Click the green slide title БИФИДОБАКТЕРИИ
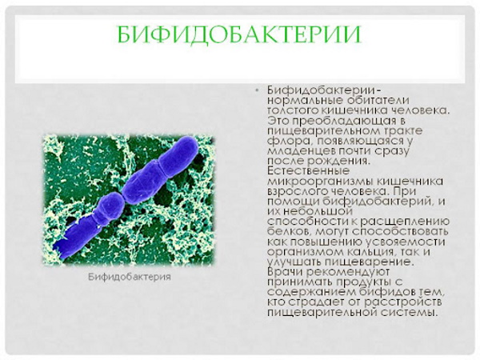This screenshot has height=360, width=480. (x=238, y=34)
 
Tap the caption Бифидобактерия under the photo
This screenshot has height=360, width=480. (x=127, y=277)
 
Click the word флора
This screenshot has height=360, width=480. (x=282, y=141)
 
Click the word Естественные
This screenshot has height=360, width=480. (x=304, y=171)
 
